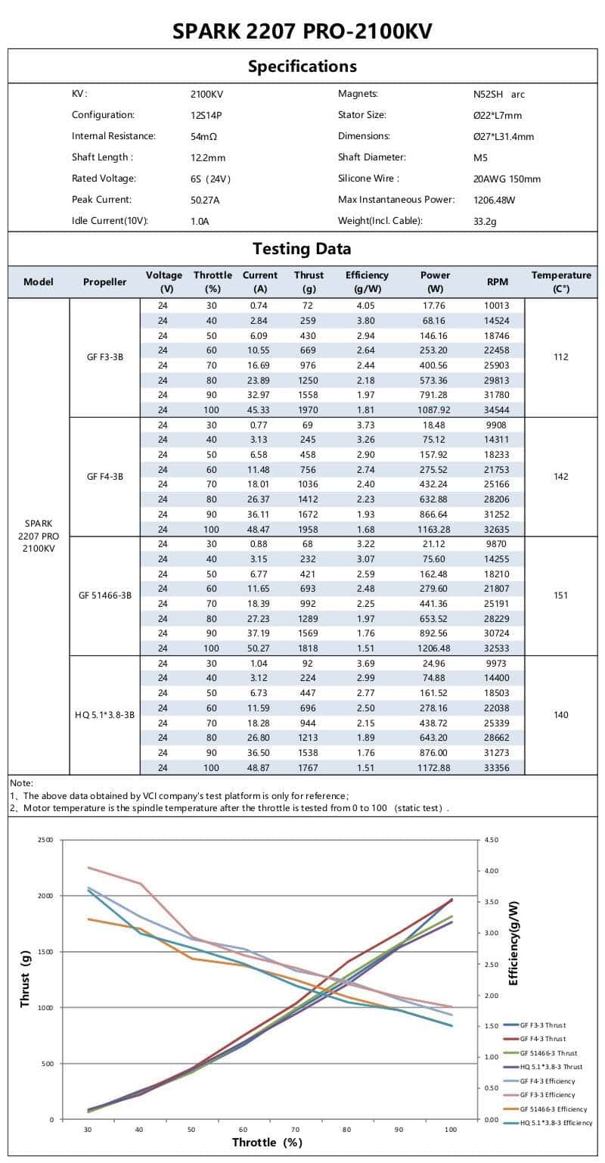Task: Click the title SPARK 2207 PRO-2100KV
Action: [x=302, y=31]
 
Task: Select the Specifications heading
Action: [x=302, y=66]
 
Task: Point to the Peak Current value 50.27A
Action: [x=205, y=201]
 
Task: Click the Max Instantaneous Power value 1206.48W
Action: [x=494, y=201]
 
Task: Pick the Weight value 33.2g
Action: [x=486, y=222]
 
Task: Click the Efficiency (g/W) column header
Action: [x=367, y=281]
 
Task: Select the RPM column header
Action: [x=497, y=281]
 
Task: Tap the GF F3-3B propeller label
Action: [x=105, y=357]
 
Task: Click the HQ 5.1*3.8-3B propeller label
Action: [x=105, y=715]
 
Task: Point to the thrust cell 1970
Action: [x=309, y=410]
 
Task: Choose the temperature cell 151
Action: [x=560, y=595]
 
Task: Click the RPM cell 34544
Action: [x=497, y=410]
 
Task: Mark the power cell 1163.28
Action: [x=435, y=529]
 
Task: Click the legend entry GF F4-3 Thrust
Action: [x=542, y=1039]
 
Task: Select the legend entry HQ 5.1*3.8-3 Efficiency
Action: [x=556, y=1123]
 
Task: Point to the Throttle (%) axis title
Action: [x=267, y=1142]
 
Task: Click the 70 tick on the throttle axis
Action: [x=296, y=1130]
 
